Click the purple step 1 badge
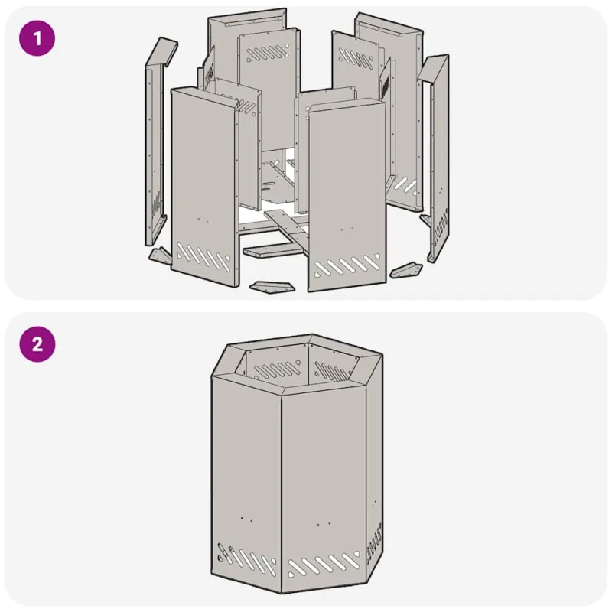pos(37,38)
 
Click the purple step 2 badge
pos(37,344)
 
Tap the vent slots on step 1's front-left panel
pos(203,256)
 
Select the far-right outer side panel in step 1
pos(436,156)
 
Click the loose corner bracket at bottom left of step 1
pos(160,255)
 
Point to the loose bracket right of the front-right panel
pos(406,270)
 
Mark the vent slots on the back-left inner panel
pos(268,54)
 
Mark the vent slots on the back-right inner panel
pos(356,57)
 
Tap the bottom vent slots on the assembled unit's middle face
pos(323,564)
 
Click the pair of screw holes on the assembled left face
pos(246,519)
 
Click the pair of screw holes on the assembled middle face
pos(324,524)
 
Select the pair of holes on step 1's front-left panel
pos(203,220)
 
